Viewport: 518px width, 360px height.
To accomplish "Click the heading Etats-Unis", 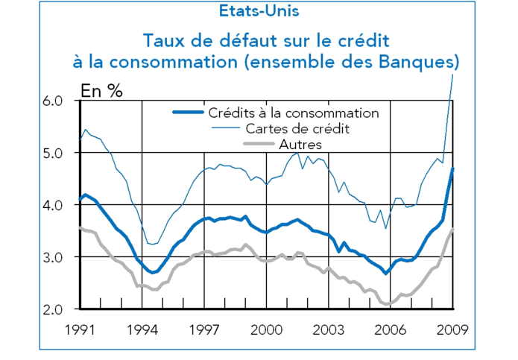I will click(x=259, y=11).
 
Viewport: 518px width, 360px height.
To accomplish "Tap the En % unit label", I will click(x=102, y=92).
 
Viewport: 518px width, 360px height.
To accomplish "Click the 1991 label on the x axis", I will click(x=80, y=329).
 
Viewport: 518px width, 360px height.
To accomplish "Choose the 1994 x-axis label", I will click(x=142, y=329).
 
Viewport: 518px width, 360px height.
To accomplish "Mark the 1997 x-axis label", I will click(x=204, y=329).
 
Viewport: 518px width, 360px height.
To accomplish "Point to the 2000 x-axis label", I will click(x=267, y=329).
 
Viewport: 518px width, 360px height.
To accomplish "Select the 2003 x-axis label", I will click(x=329, y=329).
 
